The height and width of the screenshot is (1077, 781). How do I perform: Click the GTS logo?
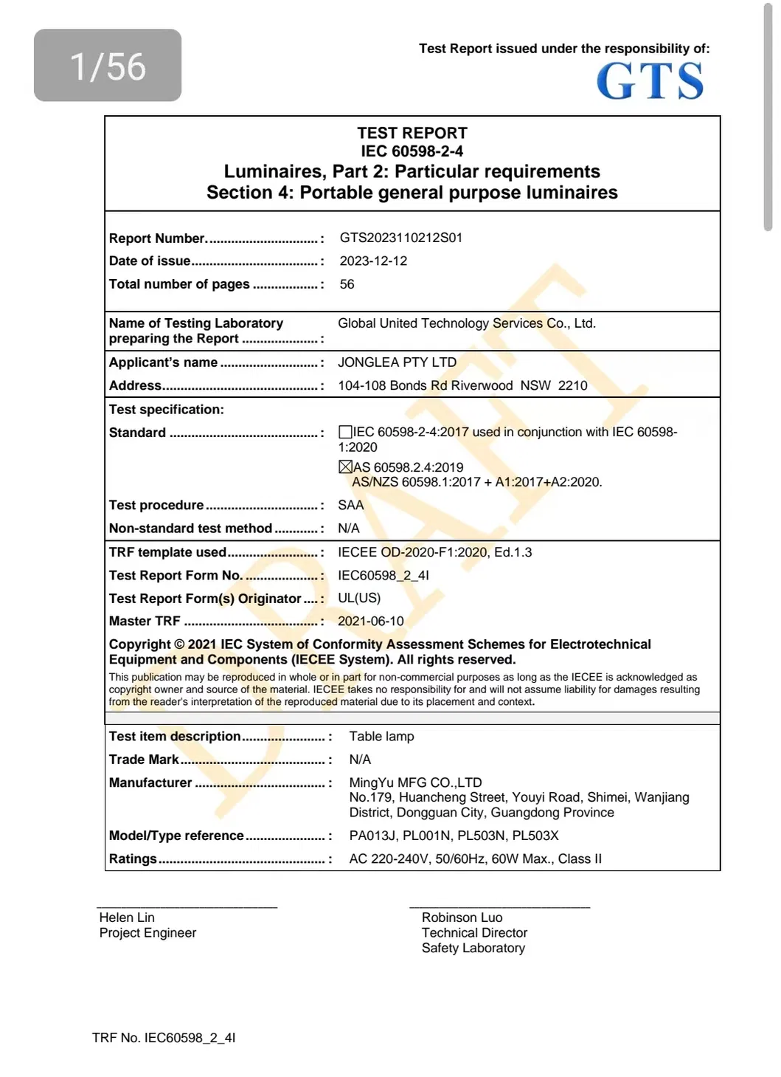pyautogui.click(x=650, y=81)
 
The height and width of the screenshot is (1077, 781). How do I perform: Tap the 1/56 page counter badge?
pyautogui.click(x=108, y=66)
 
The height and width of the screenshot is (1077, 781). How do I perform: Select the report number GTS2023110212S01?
pyautogui.click(x=400, y=238)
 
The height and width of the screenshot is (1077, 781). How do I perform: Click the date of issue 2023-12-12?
pyautogui.click(x=373, y=261)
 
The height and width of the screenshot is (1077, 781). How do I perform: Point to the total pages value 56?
pyautogui.click(x=347, y=284)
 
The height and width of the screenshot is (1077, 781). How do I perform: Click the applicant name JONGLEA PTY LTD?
pyautogui.click(x=397, y=362)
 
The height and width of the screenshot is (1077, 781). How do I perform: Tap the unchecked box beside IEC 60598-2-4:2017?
pyautogui.click(x=345, y=433)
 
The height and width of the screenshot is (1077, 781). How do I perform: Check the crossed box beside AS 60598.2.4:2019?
pyautogui.click(x=345, y=467)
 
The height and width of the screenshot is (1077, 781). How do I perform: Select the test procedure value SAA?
pyautogui.click(x=351, y=505)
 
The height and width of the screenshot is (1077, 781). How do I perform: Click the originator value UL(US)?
pyautogui.click(x=359, y=598)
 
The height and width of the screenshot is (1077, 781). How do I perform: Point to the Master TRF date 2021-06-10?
pyautogui.click(x=371, y=622)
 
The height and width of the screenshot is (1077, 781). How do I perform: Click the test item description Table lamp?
pyautogui.click(x=381, y=737)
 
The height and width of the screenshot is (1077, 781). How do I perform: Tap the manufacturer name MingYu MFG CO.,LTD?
pyautogui.click(x=415, y=782)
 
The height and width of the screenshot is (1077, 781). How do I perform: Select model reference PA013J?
pyautogui.click(x=372, y=836)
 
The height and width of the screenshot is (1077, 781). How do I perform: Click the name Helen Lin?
pyautogui.click(x=127, y=918)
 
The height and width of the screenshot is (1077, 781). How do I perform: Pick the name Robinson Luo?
pyautogui.click(x=462, y=918)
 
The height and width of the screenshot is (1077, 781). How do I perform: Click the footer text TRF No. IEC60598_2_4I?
pyautogui.click(x=164, y=1038)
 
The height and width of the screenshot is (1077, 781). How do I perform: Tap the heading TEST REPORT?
pyautogui.click(x=412, y=134)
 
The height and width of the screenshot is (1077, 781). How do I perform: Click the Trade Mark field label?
pyautogui.click(x=144, y=760)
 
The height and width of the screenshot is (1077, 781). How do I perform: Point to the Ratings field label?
pyautogui.click(x=133, y=859)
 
